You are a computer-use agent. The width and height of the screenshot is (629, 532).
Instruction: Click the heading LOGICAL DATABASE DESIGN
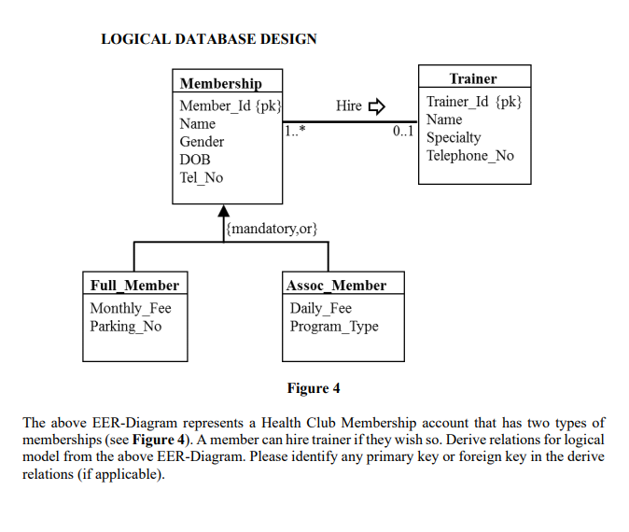click(x=208, y=39)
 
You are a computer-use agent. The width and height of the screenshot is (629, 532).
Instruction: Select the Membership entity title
click(x=220, y=83)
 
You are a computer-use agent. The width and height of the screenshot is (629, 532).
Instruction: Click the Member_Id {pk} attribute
click(x=230, y=105)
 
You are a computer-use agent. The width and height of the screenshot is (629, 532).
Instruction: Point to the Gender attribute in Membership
click(x=202, y=142)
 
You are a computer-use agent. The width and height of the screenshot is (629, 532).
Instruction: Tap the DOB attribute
click(x=194, y=160)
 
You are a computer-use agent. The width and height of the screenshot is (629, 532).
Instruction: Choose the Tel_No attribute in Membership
click(x=201, y=177)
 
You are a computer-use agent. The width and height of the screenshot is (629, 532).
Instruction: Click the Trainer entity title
click(x=473, y=78)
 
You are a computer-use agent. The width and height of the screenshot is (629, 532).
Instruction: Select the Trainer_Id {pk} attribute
click(x=474, y=102)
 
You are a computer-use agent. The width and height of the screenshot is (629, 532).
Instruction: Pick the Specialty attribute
click(x=454, y=137)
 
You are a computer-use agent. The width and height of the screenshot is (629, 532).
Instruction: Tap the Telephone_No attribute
click(x=470, y=155)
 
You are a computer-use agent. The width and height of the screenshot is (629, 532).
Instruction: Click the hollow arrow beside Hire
click(x=376, y=105)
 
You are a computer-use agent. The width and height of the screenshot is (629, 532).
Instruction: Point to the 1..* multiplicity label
click(x=295, y=132)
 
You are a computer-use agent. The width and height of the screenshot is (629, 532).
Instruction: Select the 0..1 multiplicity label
click(x=403, y=132)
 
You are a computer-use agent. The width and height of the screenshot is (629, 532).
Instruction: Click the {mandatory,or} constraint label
click(x=273, y=228)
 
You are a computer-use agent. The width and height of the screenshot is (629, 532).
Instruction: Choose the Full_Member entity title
click(x=134, y=285)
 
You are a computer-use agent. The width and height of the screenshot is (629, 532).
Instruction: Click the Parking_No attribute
click(x=125, y=326)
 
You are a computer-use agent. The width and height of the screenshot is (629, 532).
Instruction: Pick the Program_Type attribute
click(x=334, y=326)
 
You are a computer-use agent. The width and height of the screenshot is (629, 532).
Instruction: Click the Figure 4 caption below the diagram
click(x=314, y=388)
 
